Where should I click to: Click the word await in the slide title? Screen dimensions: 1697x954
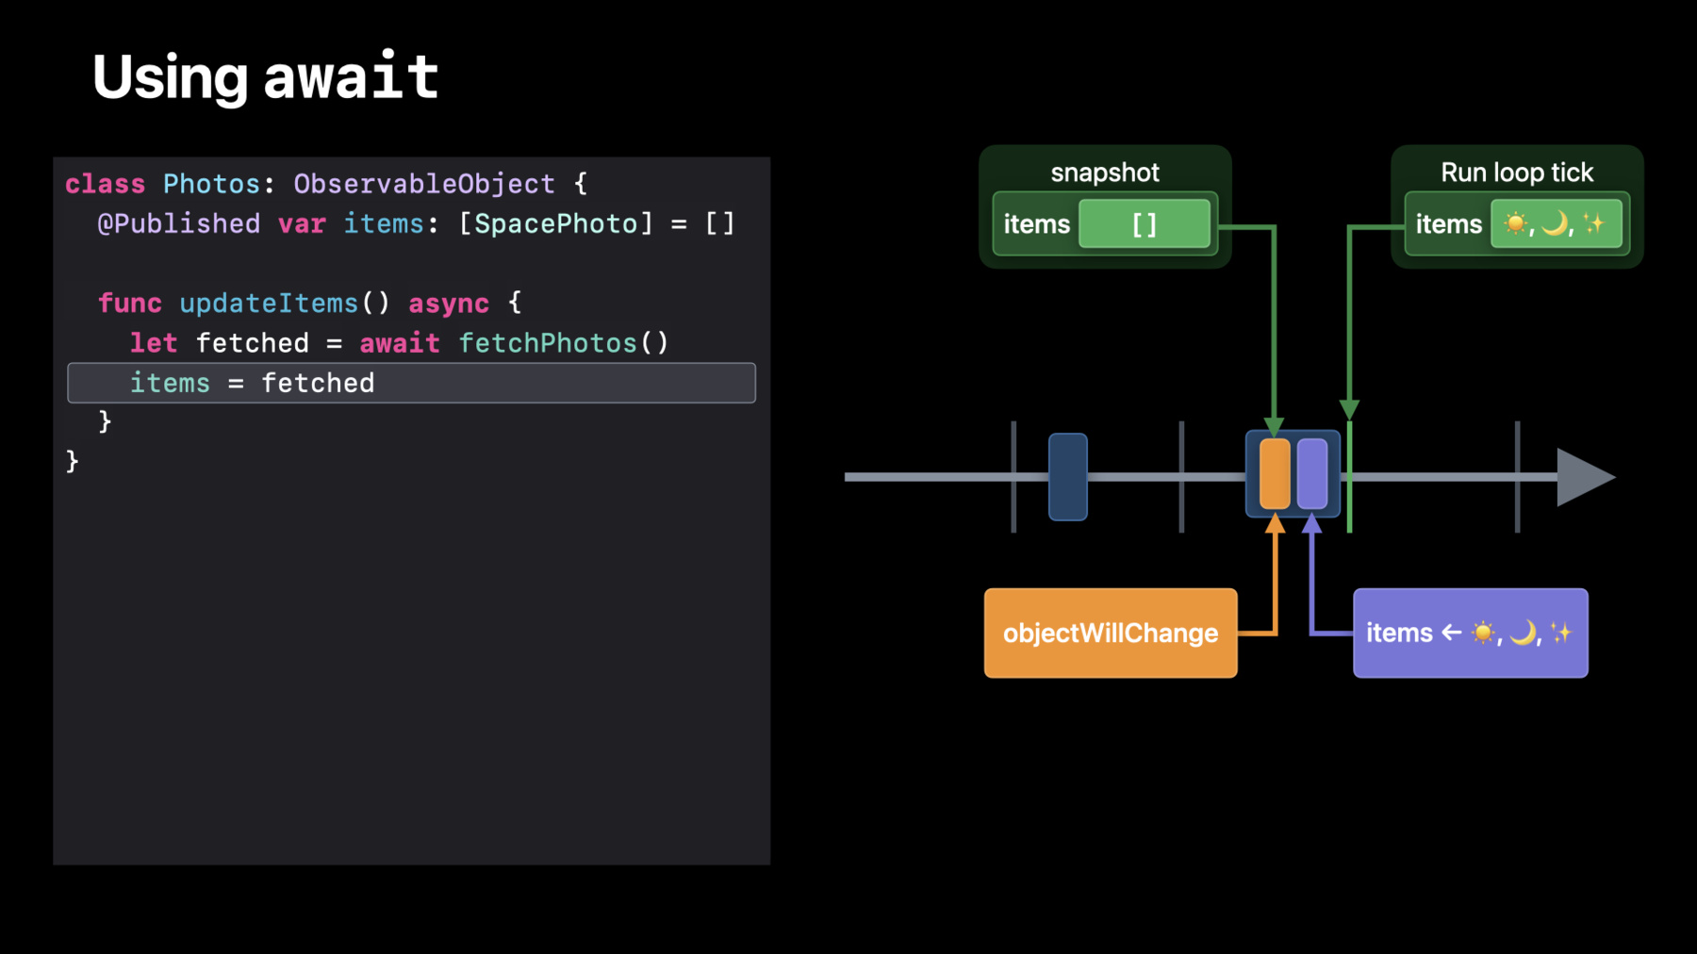click(x=352, y=76)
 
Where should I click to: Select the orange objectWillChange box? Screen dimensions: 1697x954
click(x=1111, y=633)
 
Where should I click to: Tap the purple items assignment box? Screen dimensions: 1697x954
click(x=1471, y=633)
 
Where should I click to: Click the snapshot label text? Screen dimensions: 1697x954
click(x=1105, y=173)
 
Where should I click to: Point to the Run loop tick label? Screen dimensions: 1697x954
click(x=1517, y=173)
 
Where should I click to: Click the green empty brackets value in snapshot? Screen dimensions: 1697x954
click(x=1145, y=224)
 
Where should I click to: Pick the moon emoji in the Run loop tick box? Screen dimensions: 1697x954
click(x=1555, y=223)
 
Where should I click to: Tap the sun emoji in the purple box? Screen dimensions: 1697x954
click(x=1483, y=633)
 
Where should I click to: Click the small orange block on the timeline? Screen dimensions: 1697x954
click(x=1275, y=474)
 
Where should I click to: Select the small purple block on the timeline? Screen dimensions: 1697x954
click(x=1312, y=474)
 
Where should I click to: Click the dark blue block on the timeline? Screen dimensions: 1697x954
click(x=1068, y=477)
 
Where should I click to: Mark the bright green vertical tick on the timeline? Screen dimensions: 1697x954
click(x=1349, y=477)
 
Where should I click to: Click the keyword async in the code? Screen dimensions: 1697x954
click(x=449, y=304)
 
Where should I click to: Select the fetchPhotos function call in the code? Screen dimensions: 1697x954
click(x=564, y=343)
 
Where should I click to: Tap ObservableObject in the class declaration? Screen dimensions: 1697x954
click(x=424, y=184)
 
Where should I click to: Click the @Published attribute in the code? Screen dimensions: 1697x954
click(x=178, y=223)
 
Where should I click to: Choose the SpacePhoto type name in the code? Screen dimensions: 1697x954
click(x=556, y=223)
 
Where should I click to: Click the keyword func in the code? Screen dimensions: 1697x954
click(x=130, y=304)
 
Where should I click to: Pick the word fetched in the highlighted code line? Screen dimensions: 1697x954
click(x=318, y=383)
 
